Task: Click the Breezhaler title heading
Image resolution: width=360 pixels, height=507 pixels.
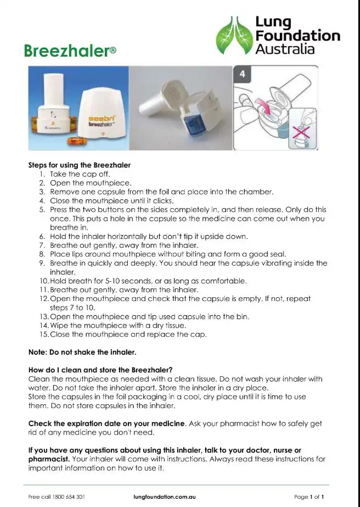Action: pos(66,51)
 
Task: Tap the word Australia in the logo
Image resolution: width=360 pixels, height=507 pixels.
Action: pos(285,49)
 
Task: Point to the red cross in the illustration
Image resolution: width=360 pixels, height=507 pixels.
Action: pos(303,133)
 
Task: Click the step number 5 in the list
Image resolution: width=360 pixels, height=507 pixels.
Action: pos(42,209)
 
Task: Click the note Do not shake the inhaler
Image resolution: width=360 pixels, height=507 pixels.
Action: pos(82,352)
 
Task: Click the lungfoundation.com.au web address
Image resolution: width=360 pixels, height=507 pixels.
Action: pos(164,497)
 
